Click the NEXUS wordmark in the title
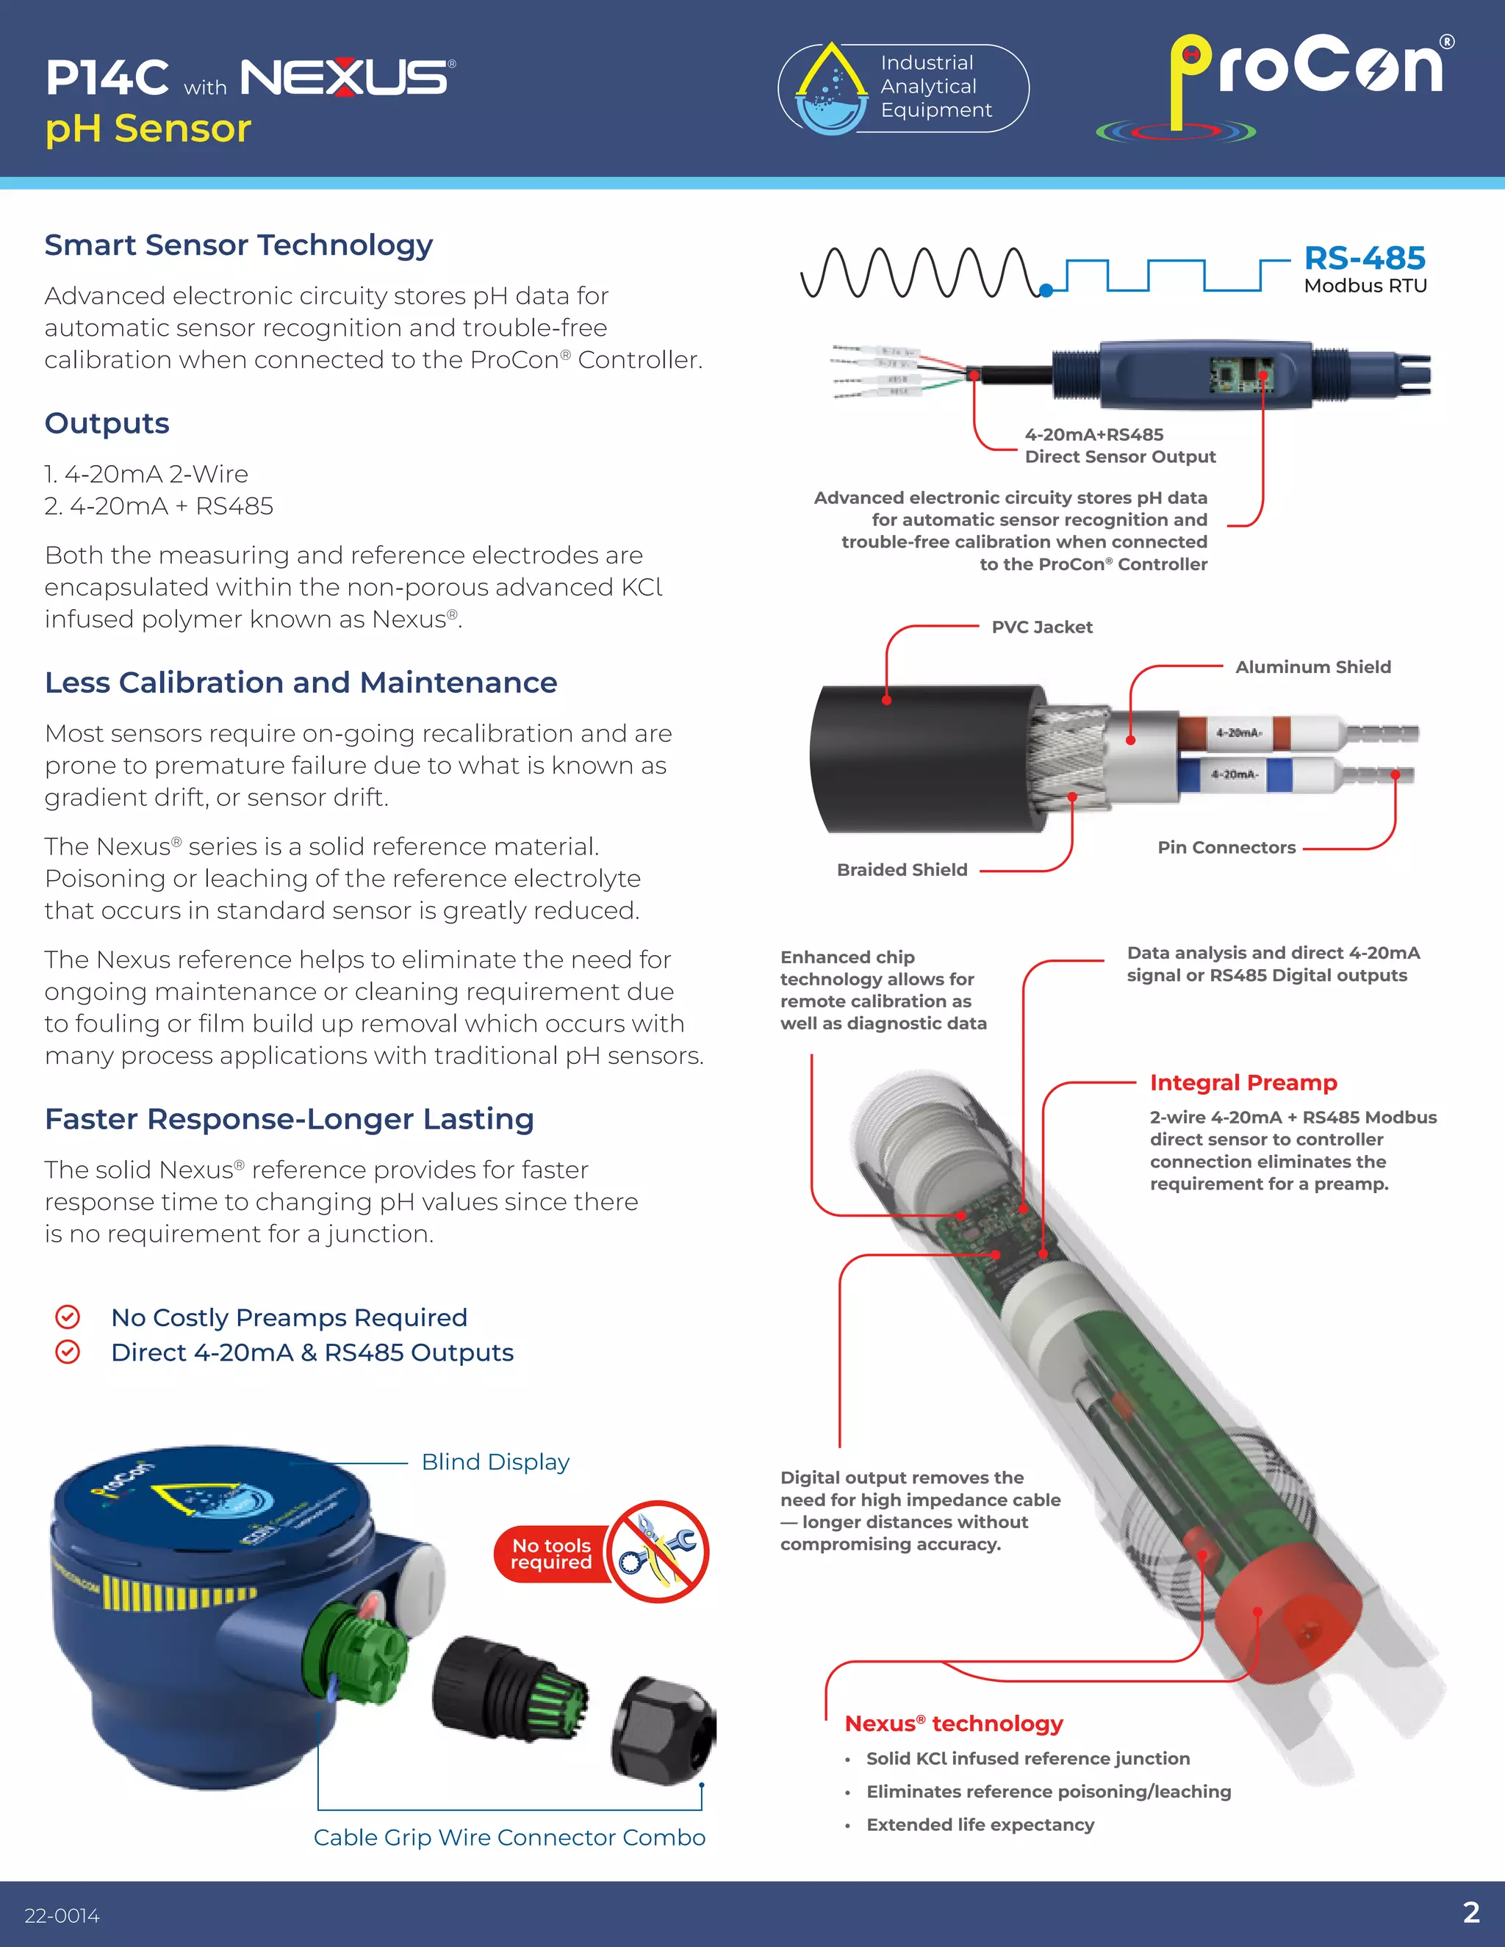[x=346, y=78]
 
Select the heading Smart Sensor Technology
[x=238, y=245]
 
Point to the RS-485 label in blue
[x=1364, y=259]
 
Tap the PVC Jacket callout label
[x=1041, y=627]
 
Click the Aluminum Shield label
[x=1312, y=667]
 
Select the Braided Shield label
[x=902, y=869]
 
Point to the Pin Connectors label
[x=1226, y=847]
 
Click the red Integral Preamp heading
[x=1243, y=1082]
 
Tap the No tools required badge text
[x=551, y=1554]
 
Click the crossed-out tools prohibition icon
[x=658, y=1552]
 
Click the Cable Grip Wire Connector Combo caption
[x=509, y=1838]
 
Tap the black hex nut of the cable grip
[x=664, y=1730]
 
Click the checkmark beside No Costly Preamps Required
[x=68, y=1317]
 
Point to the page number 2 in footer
[x=1471, y=1912]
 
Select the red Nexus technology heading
[x=953, y=1723]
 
